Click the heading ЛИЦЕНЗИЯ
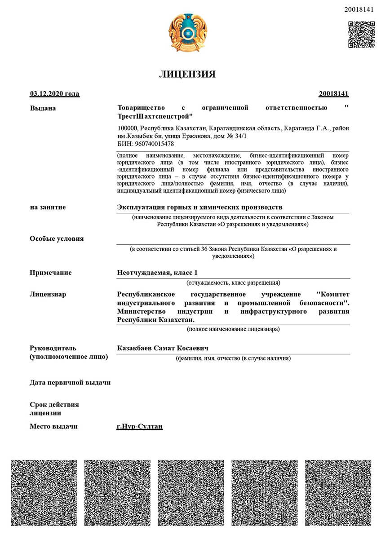tap(187, 74)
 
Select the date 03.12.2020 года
tap(54, 93)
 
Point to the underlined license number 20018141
tap(334, 93)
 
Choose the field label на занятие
tap(48, 207)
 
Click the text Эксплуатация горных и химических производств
tap(199, 207)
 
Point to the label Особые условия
tap(57, 239)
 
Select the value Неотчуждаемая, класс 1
tap(157, 273)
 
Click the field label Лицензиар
tap(48, 294)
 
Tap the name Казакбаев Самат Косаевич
tap(163, 348)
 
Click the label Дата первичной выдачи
tap(70, 382)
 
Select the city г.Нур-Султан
tap(139, 426)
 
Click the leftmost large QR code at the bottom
tap(44, 492)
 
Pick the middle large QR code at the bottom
tap(191, 492)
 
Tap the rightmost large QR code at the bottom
tap(338, 492)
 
